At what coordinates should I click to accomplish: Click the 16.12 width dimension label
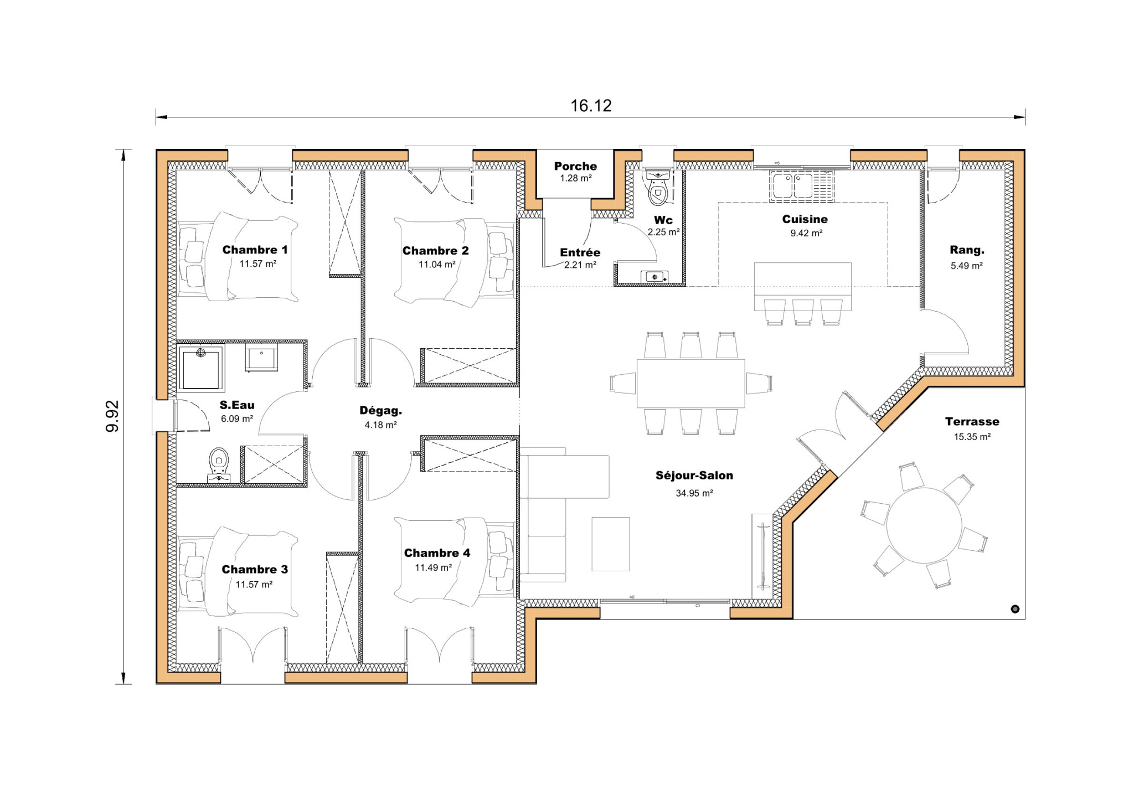point(591,106)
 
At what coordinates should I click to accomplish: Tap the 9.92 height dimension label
point(112,416)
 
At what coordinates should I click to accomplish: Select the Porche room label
point(575,166)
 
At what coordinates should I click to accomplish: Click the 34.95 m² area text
point(694,493)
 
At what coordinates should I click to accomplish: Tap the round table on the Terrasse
point(924,525)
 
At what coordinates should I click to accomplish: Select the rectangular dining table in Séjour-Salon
point(690,383)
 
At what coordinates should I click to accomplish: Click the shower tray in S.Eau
point(200,368)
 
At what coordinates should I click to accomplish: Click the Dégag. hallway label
point(380,411)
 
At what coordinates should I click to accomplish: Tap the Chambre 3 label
point(255,569)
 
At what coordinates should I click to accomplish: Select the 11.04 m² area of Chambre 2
point(436,265)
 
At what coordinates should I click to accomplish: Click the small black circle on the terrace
point(1014,609)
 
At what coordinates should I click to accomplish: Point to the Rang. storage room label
point(967,250)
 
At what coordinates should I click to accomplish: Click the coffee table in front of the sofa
point(610,544)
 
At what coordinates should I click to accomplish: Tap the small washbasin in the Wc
point(654,276)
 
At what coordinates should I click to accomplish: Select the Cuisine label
point(805,219)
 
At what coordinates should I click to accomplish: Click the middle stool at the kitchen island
point(802,312)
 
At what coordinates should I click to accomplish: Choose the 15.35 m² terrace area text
point(972,437)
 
